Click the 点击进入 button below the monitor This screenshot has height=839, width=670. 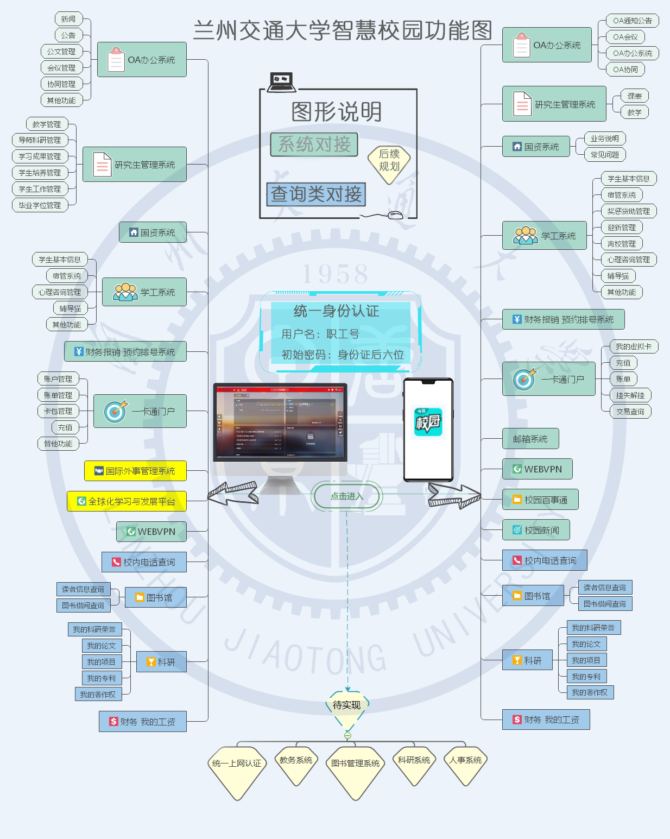347,496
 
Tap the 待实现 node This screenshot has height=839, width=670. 347,705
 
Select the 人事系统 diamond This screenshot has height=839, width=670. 465,761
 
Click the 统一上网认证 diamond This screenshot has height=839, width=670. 237,764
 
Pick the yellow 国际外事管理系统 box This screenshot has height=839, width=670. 135,471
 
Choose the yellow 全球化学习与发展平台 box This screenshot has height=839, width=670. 127,501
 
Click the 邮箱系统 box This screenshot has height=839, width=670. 530,439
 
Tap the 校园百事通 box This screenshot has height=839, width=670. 540,500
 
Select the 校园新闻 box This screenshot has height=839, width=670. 535,530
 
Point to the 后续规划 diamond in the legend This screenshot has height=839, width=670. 389,161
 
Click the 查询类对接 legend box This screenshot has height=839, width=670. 316,194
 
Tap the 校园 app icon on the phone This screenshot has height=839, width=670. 428,422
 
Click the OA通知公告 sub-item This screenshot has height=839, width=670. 632,21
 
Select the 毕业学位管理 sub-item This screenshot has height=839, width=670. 40,205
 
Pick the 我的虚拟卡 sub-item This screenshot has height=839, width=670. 633,346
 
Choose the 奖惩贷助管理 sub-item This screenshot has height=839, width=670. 628,211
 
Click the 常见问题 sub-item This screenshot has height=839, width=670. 604,155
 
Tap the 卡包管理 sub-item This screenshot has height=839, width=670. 58,411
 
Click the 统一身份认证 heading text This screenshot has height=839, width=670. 336,311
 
